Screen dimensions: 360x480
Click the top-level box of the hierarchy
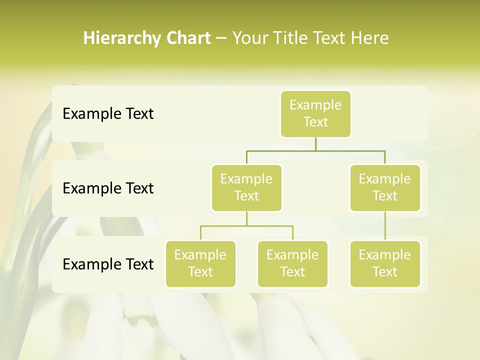(x=315, y=114)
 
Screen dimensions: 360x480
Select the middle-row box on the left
(x=246, y=187)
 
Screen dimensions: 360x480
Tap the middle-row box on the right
(x=385, y=187)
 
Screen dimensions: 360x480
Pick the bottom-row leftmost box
(x=200, y=263)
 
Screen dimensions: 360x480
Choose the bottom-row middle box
(x=292, y=263)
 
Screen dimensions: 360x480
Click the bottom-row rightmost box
(x=385, y=263)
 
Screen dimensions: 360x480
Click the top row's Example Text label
(x=108, y=114)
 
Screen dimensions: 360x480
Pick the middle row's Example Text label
(x=108, y=188)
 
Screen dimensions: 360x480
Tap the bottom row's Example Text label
(x=108, y=264)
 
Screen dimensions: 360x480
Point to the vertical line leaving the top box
(x=315, y=144)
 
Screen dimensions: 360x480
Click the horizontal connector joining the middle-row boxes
(x=315, y=150)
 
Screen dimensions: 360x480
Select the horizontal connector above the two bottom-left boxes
(x=246, y=226)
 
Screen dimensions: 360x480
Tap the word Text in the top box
(x=315, y=122)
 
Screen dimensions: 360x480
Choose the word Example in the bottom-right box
(x=385, y=255)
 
